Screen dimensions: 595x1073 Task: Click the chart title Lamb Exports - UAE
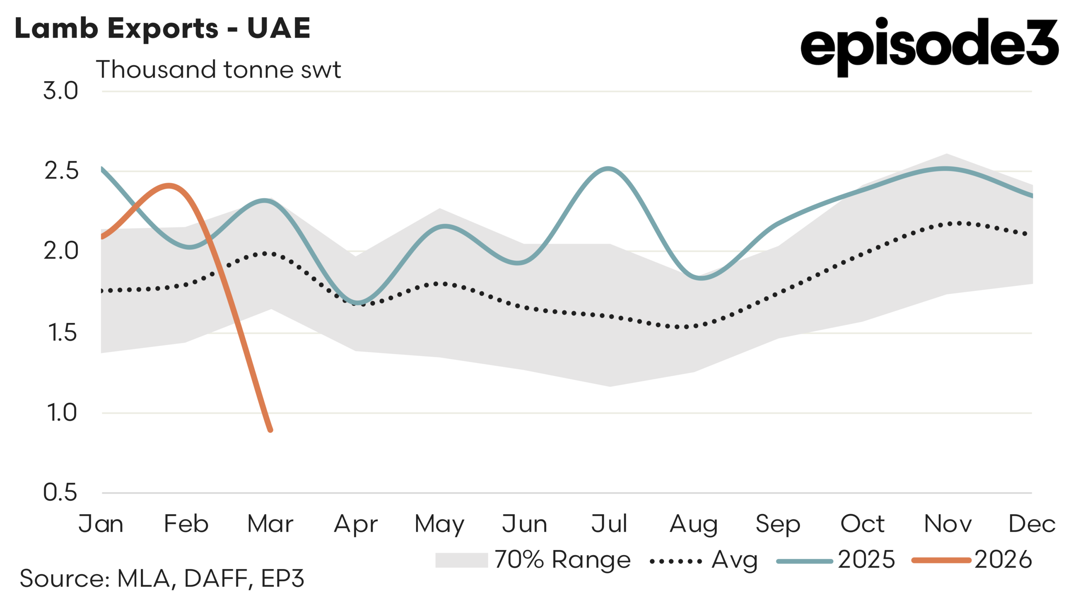point(163,28)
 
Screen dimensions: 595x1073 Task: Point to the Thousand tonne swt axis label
point(218,70)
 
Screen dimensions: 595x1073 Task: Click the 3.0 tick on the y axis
point(61,91)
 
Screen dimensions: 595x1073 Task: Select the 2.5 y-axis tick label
point(61,171)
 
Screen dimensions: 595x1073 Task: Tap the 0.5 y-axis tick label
point(60,492)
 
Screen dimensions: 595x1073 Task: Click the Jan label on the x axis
point(101,524)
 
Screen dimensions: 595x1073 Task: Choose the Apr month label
point(356,524)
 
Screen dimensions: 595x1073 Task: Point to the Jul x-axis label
point(609,524)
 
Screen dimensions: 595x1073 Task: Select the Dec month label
point(1032,524)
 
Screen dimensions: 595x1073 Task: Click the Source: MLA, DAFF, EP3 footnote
point(162,579)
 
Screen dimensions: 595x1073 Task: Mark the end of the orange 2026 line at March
point(270,430)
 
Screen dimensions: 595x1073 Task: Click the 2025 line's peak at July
point(608,169)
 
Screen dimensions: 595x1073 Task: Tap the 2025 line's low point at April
point(358,302)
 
